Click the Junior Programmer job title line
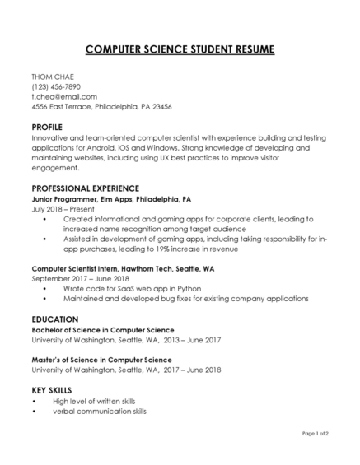coord(111,199)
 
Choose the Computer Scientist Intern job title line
coord(123,269)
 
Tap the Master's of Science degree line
coord(101,360)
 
